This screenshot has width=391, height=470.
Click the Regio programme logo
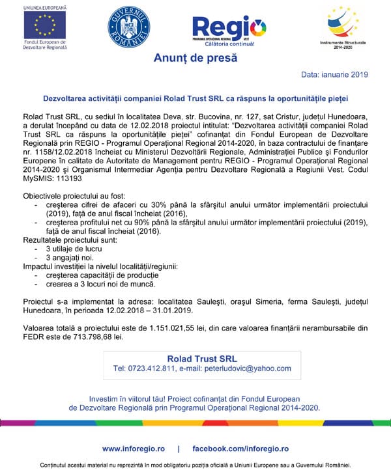[229, 29]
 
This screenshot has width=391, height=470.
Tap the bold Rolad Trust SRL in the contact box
[202, 359]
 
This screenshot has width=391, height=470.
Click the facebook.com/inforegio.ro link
[240, 449]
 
